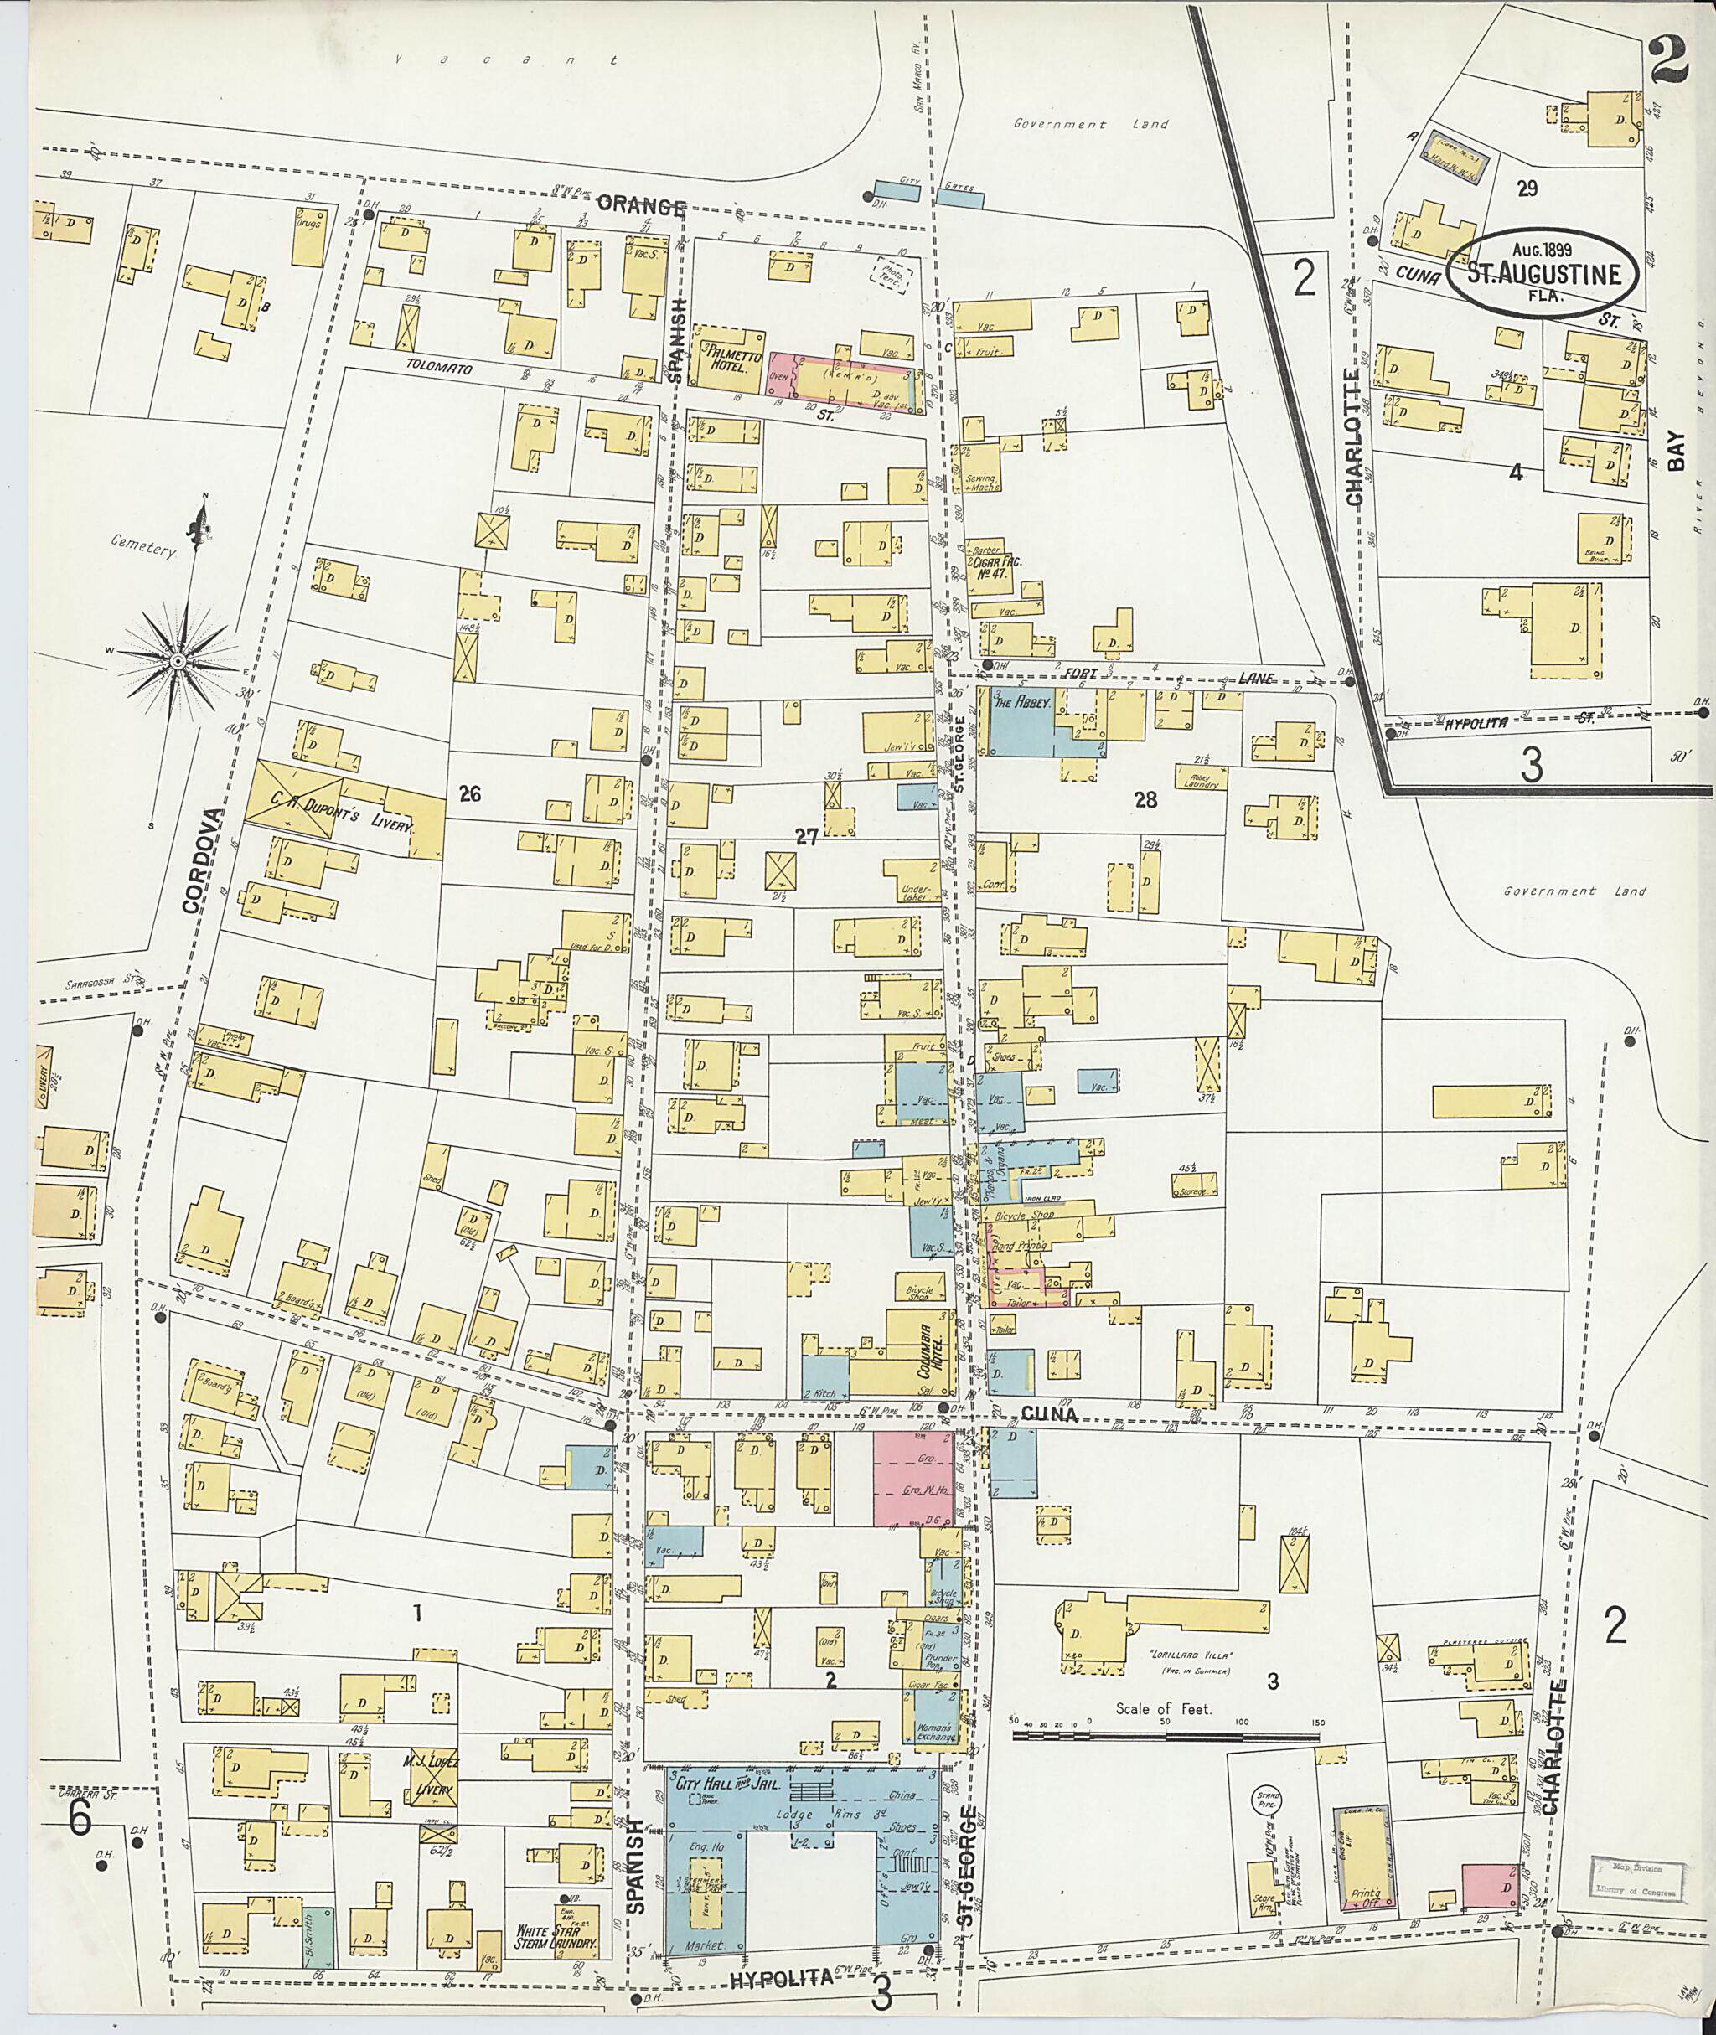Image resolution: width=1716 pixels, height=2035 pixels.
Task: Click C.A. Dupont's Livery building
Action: pos(297,797)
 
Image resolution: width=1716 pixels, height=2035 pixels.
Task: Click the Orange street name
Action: pos(641,205)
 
